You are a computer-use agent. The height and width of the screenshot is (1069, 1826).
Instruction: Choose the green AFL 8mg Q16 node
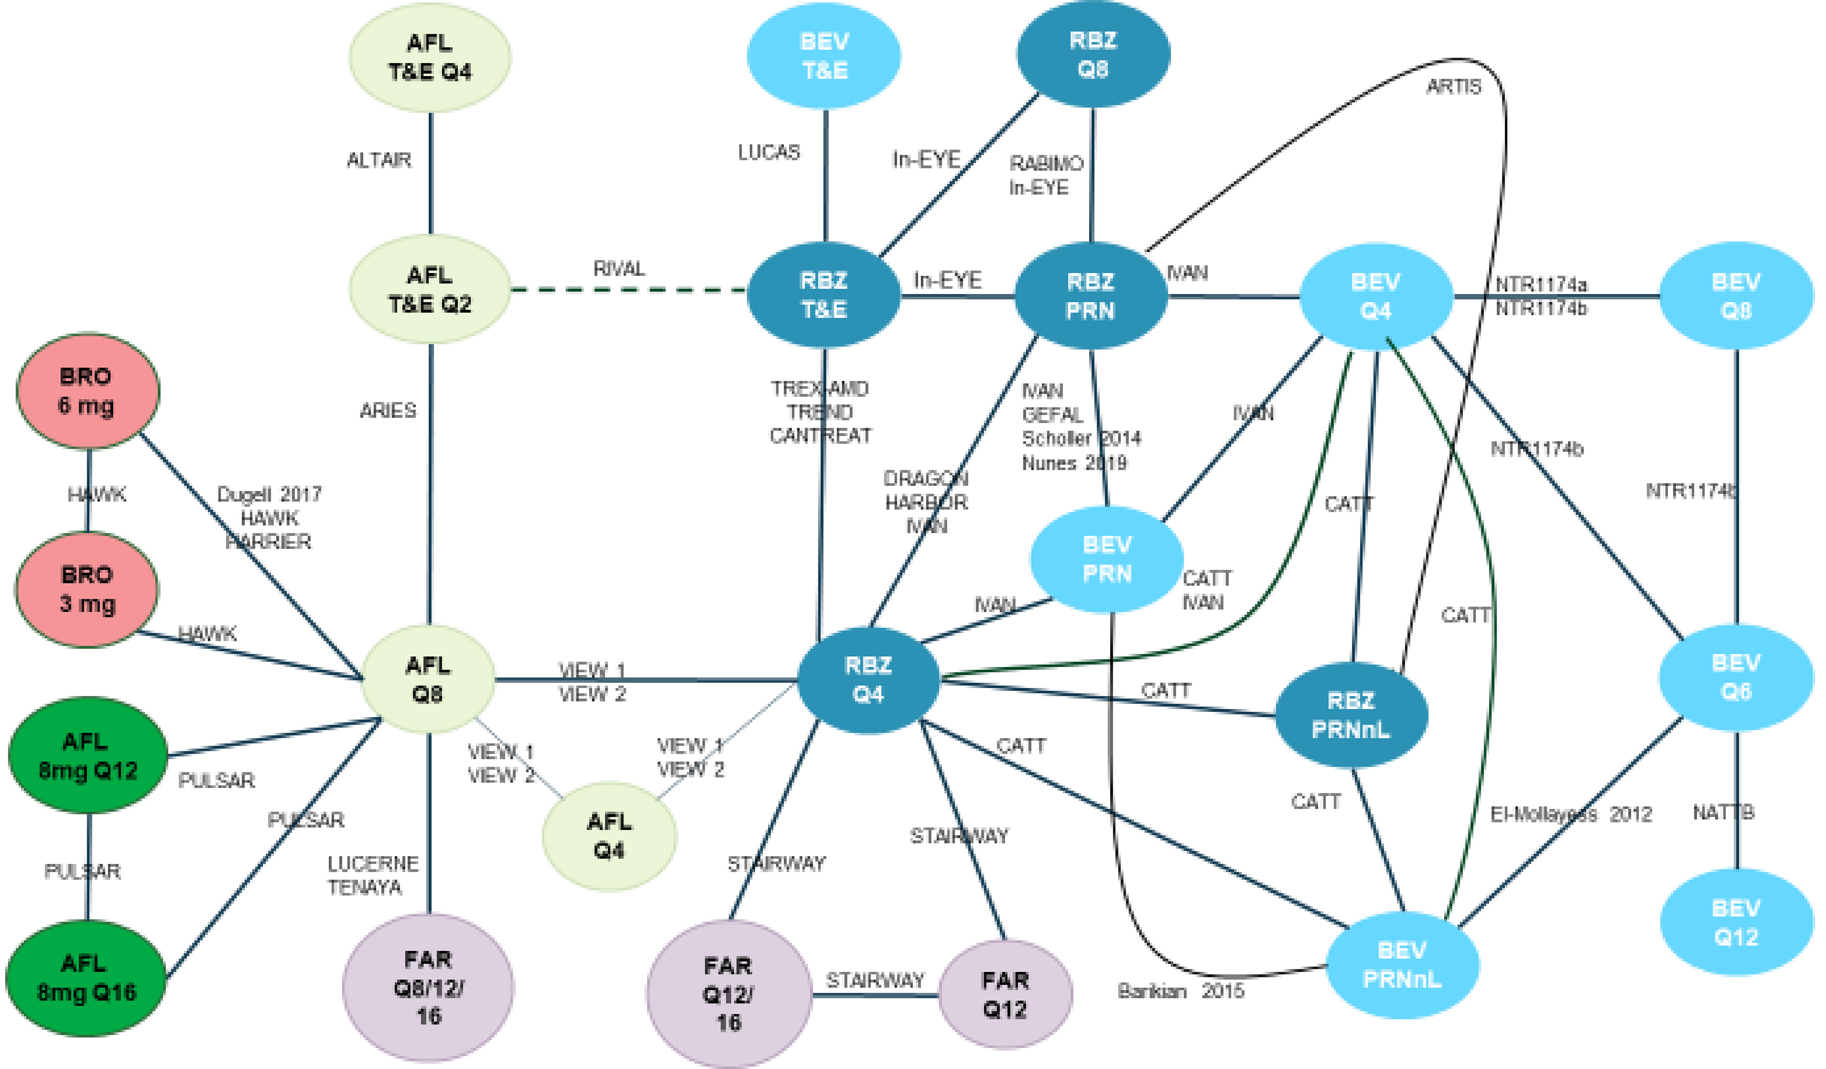[x=86, y=978]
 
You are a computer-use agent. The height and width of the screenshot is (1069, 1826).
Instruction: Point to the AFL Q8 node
[x=427, y=679]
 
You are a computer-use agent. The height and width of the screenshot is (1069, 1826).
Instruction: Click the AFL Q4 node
[x=609, y=836]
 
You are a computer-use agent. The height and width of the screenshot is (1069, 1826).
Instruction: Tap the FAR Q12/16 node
[x=728, y=994]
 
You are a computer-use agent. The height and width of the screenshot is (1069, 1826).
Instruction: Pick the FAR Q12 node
[x=1004, y=995]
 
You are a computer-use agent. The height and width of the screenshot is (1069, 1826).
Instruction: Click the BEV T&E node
[x=825, y=56]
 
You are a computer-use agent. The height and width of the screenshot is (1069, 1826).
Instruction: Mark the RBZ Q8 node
[x=1093, y=54]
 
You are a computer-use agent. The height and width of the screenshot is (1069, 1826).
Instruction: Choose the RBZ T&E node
[x=824, y=295]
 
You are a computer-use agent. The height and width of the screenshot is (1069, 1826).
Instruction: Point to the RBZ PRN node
[x=1090, y=295]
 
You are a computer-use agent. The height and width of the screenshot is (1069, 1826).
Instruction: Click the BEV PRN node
[x=1106, y=558]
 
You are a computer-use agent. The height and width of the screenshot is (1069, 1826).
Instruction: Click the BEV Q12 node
[x=1736, y=923]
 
